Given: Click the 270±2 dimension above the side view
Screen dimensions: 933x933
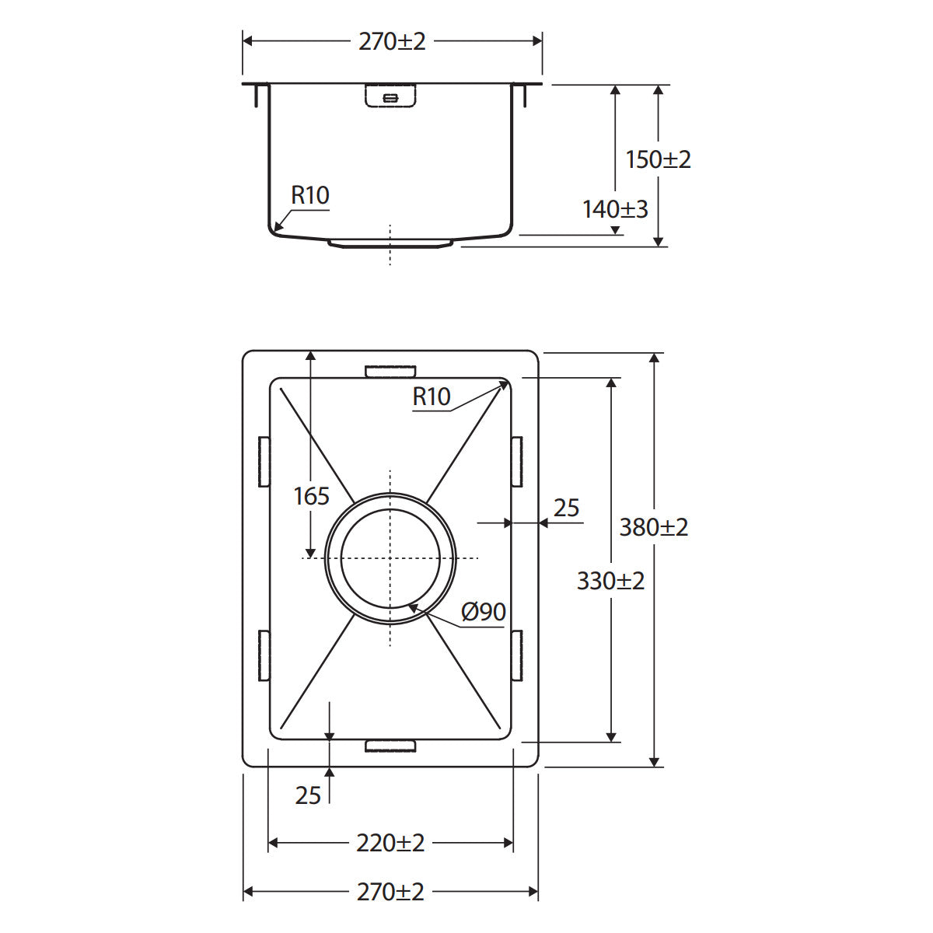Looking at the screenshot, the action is (392, 42).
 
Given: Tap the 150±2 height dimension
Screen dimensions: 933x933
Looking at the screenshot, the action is (658, 159).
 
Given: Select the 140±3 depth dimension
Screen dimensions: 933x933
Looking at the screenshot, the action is (615, 209).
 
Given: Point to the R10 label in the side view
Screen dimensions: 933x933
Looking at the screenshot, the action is (310, 195).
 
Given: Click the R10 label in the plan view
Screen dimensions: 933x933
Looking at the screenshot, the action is (432, 397).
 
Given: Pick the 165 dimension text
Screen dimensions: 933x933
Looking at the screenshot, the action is (311, 496).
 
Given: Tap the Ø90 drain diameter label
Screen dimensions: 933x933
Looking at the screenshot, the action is (483, 612).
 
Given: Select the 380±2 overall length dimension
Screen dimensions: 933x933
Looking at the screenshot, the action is (654, 527).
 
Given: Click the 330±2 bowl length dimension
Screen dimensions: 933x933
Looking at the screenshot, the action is (610, 581).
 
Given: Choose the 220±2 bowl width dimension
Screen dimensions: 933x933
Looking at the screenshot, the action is (390, 843).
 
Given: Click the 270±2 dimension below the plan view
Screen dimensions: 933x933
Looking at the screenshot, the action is (390, 891).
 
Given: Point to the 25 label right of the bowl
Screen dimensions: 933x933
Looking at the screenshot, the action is (567, 508).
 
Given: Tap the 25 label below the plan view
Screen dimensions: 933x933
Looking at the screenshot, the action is (308, 795).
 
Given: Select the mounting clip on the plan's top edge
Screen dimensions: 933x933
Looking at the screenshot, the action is (390, 372).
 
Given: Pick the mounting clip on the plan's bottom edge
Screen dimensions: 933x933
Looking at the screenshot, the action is (390, 746).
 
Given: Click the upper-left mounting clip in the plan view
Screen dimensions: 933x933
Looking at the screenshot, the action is (264, 461).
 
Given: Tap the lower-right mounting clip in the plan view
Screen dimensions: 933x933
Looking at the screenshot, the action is (517, 655).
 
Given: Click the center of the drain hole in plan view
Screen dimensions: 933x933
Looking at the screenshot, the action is (390, 558).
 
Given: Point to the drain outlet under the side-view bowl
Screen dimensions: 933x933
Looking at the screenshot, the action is (390, 243).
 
